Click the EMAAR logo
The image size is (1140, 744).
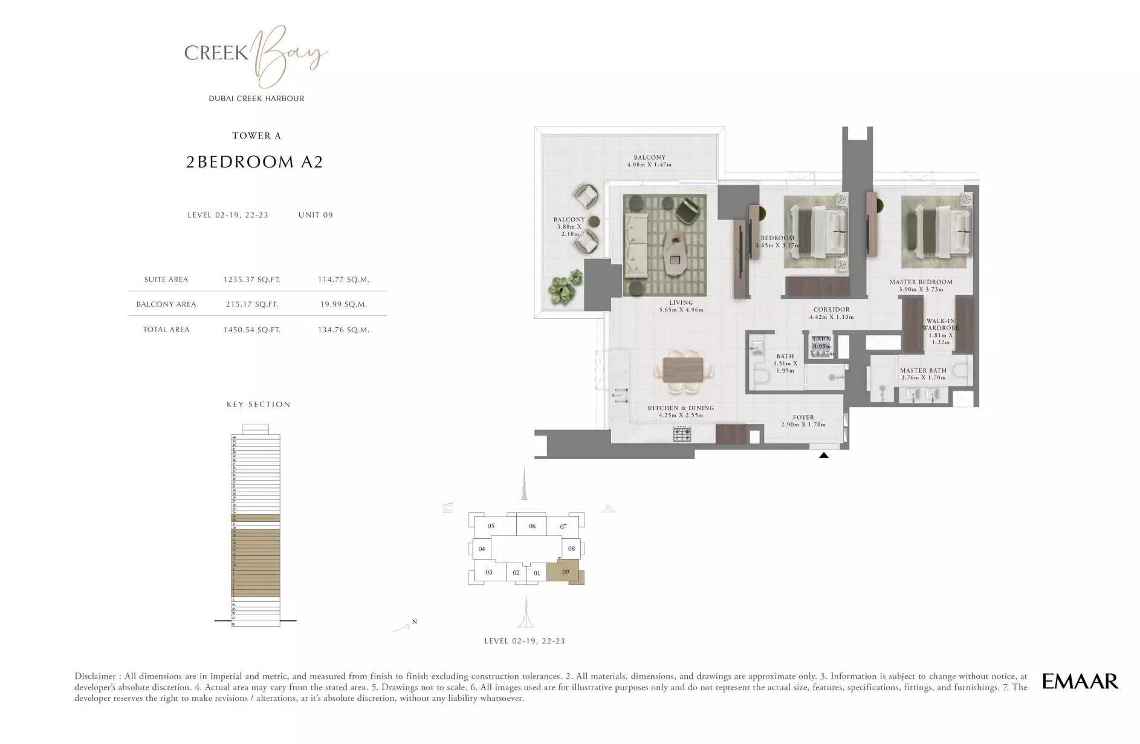[x=1080, y=681]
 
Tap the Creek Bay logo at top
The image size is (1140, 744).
[x=256, y=56]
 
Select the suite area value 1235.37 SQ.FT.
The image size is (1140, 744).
[x=252, y=279]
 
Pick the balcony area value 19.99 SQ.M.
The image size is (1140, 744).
[x=343, y=304]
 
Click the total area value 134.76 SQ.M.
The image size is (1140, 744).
[x=343, y=330]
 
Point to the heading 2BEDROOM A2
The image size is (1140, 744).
[x=254, y=162]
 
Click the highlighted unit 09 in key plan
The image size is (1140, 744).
[x=565, y=572]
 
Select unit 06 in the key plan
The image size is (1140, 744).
[x=532, y=526]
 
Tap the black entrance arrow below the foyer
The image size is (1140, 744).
[x=823, y=455]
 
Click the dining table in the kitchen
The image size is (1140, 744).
[x=682, y=370]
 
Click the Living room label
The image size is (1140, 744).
[x=681, y=302]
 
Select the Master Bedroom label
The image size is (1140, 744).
[x=921, y=282]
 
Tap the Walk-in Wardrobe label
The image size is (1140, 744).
[x=940, y=325]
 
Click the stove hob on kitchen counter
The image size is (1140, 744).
[x=682, y=433]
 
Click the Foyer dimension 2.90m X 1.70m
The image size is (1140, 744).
[x=803, y=425]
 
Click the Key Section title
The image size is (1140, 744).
[x=258, y=404]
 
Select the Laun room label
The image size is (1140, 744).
[x=821, y=339]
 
